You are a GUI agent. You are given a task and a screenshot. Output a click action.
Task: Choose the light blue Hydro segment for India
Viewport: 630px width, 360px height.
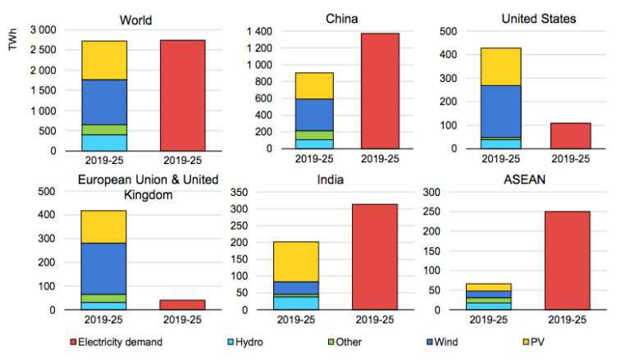coord(296,303)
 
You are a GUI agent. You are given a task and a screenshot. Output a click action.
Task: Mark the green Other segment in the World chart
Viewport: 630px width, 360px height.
coord(104,130)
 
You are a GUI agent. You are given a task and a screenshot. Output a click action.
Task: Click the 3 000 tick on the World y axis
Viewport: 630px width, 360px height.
coord(40,30)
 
